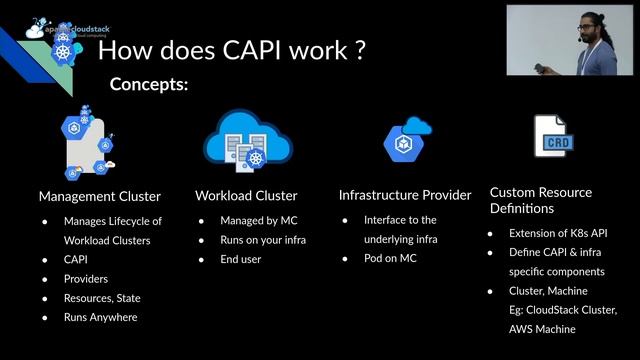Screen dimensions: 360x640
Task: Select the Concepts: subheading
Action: pos(149,84)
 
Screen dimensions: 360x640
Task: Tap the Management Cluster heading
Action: pos(100,195)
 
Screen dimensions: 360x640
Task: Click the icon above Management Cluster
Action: pos(88,145)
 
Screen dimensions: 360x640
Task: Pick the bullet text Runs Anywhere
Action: pos(100,317)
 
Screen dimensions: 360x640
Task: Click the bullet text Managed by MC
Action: pos(257,221)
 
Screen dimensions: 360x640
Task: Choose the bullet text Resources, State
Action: pos(106,298)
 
